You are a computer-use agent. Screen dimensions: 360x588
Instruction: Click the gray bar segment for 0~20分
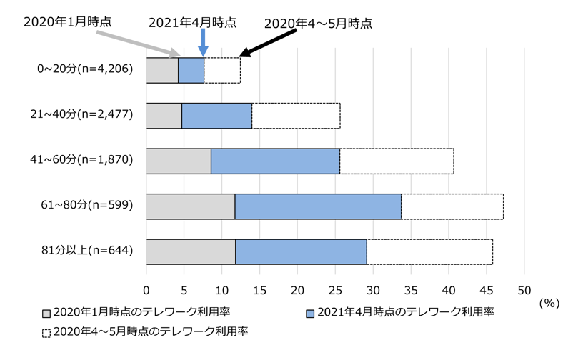point(162,70)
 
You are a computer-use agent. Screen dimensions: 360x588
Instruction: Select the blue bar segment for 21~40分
point(216,116)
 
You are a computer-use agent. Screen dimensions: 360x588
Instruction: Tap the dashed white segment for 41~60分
point(397,161)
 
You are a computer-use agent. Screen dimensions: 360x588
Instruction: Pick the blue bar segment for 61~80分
point(318,206)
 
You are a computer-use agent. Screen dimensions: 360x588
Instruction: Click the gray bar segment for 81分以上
point(191,251)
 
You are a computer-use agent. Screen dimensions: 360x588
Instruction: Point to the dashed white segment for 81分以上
point(429,251)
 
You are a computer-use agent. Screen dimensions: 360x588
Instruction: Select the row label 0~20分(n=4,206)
point(85,70)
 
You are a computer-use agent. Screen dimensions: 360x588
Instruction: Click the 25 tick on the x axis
point(335,289)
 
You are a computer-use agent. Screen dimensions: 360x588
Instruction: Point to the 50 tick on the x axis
point(524,289)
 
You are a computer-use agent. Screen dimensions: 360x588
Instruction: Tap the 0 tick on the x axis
point(146,289)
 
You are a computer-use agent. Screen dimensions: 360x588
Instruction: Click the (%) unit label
point(549,302)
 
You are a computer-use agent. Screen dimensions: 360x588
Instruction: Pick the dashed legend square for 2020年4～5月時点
point(47,331)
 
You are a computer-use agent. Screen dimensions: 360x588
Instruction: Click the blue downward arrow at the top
point(204,42)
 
